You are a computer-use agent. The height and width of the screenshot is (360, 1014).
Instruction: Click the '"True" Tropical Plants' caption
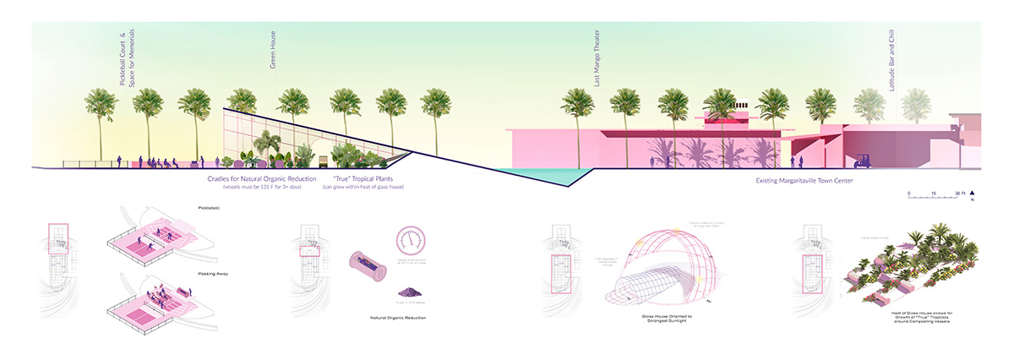pyautogui.click(x=363, y=179)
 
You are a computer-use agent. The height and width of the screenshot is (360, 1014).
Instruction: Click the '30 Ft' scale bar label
pyautogui.click(x=959, y=194)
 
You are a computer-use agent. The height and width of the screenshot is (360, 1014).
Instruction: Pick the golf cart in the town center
pyautogui.click(x=865, y=159)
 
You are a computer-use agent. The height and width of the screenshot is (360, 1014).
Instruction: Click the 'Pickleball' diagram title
pyautogui.click(x=208, y=207)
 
